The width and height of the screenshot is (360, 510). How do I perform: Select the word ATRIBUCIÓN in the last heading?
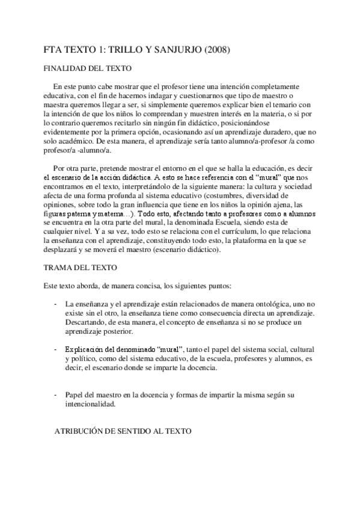84,431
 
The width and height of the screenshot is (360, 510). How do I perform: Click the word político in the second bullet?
83,360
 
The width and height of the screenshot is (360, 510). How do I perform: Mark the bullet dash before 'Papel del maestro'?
55,395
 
